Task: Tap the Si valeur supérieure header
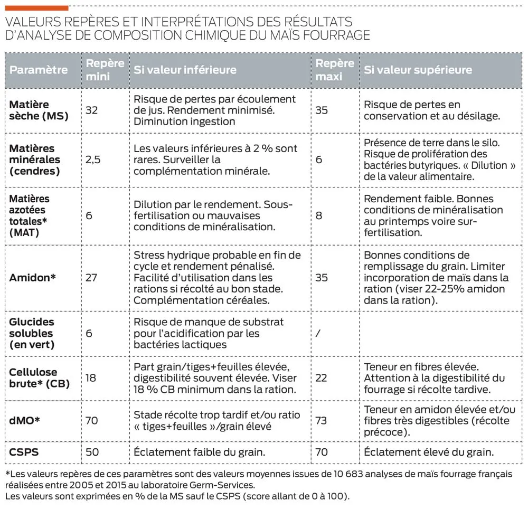[x=418, y=70]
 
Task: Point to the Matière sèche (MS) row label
[x=39, y=110]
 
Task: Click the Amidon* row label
[x=33, y=277]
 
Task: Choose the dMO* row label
[x=24, y=420]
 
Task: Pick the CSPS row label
[x=24, y=452]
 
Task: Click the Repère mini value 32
[x=91, y=110]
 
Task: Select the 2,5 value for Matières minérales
[x=93, y=159]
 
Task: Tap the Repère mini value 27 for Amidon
[x=91, y=277]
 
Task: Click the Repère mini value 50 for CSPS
[x=91, y=452]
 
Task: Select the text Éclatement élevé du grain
[x=429, y=452]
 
